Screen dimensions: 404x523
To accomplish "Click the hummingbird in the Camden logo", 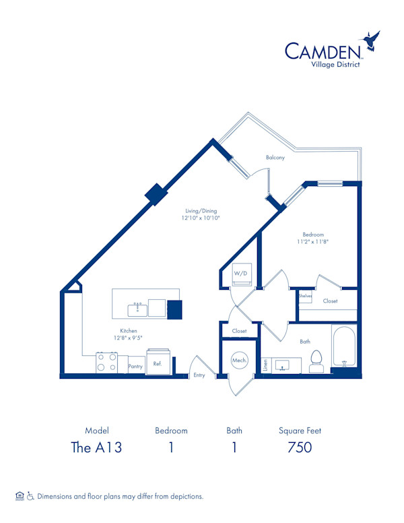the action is tap(370, 40).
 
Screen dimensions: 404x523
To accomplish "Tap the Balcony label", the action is tap(275, 157).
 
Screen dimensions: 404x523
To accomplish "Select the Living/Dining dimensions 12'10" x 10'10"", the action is tap(201, 218).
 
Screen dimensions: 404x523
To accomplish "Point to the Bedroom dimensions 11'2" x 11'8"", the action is tap(312, 241).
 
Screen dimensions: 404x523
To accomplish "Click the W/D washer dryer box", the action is tap(241, 274).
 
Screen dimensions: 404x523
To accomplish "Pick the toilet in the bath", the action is tap(316, 361).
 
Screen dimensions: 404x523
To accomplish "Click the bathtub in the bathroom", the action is tap(344, 346).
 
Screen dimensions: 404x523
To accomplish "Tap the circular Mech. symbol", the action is tap(239, 360).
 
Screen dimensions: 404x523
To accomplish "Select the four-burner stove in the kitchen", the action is tap(106, 362).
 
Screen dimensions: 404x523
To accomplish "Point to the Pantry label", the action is tap(135, 366).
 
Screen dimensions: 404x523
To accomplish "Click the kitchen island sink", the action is tap(137, 309).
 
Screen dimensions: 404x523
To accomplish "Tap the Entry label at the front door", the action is tap(199, 375).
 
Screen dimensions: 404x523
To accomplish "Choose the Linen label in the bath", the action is tap(266, 365).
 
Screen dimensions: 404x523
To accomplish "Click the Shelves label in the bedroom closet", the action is tap(305, 296).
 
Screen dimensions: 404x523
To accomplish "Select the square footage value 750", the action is tap(300, 448).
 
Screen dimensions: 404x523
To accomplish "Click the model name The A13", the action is tap(97, 448).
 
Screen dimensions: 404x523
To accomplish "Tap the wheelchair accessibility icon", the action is tap(31, 496).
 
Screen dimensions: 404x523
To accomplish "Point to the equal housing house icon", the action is tap(20, 496).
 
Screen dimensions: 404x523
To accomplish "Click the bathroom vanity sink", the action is tap(283, 366).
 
